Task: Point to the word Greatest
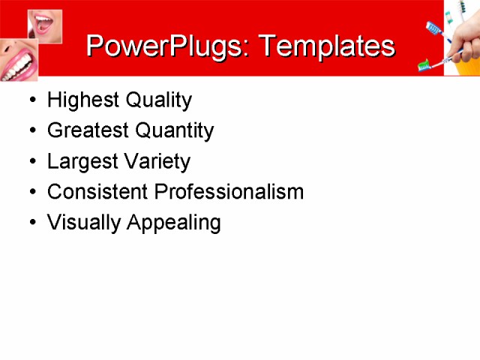[85, 130]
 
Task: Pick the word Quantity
[173, 130]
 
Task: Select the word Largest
[79, 161]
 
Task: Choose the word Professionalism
[229, 192]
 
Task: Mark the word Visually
[82, 223]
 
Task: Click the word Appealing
[173, 223]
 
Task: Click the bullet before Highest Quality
[31, 100]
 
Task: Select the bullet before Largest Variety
[31, 162]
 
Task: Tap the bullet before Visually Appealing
[31, 223]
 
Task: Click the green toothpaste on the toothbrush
[424, 64]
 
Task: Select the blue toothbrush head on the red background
[433, 29]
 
